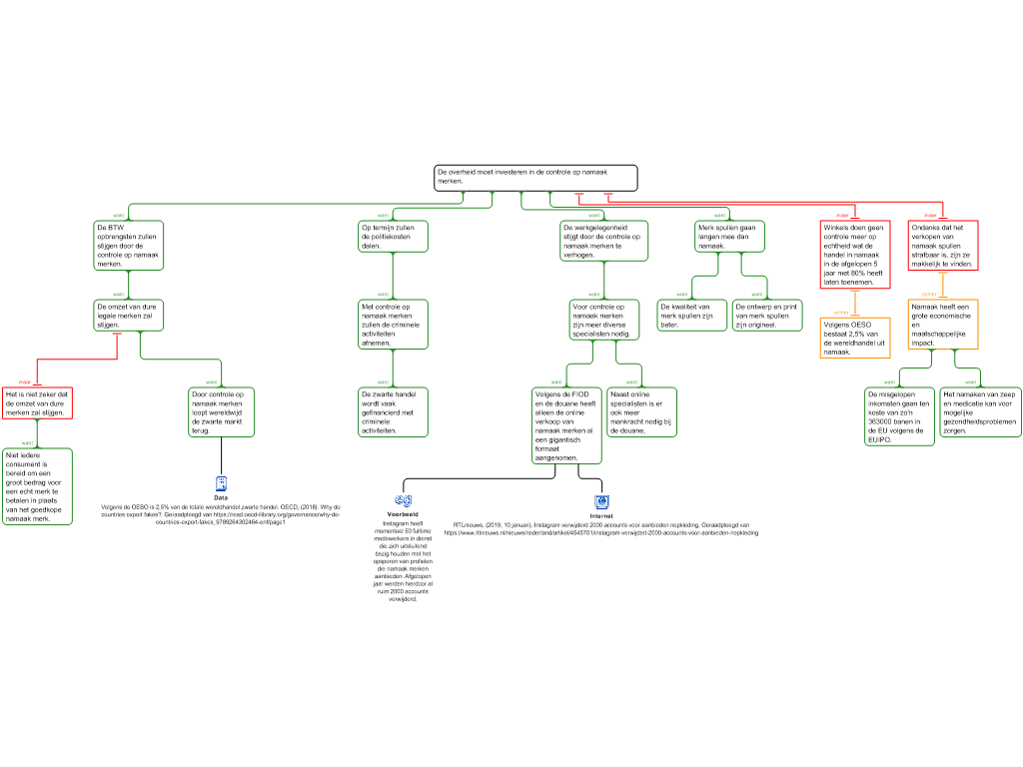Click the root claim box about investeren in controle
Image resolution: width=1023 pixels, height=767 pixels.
[x=535, y=178]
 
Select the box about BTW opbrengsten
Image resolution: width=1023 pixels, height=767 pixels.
[x=128, y=245]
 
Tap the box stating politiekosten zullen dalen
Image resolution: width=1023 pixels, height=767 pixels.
[x=393, y=236]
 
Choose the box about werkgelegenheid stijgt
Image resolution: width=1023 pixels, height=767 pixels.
[x=603, y=241]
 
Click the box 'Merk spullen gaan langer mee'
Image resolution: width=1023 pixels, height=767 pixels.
[x=728, y=236]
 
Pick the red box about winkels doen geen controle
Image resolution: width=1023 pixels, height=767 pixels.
[x=854, y=254]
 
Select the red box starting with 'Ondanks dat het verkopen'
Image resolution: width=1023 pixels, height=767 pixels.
[x=943, y=245]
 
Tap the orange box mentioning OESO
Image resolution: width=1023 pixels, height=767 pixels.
[x=854, y=338]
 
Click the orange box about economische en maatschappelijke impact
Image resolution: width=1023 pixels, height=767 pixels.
[x=943, y=324]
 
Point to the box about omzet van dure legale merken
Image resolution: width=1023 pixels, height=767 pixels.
[x=128, y=315]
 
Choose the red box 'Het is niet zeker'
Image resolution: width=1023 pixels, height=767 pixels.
[x=37, y=402]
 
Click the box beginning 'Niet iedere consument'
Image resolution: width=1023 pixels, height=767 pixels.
[x=38, y=486]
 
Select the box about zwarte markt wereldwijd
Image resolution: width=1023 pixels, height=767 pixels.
[x=222, y=411]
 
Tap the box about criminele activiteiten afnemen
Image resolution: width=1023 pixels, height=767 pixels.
[x=393, y=324]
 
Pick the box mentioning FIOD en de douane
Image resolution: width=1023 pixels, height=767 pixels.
[x=566, y=425]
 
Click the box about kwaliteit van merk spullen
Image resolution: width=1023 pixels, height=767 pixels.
[x=691, y=315]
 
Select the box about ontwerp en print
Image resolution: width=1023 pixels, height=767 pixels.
[x=767, y=315]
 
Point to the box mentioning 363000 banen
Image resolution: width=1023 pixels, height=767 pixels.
[x=899, y=415]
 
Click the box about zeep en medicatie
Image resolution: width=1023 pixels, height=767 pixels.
[x=979, y=411]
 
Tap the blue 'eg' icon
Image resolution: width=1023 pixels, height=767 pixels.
[x=404, y=499]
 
